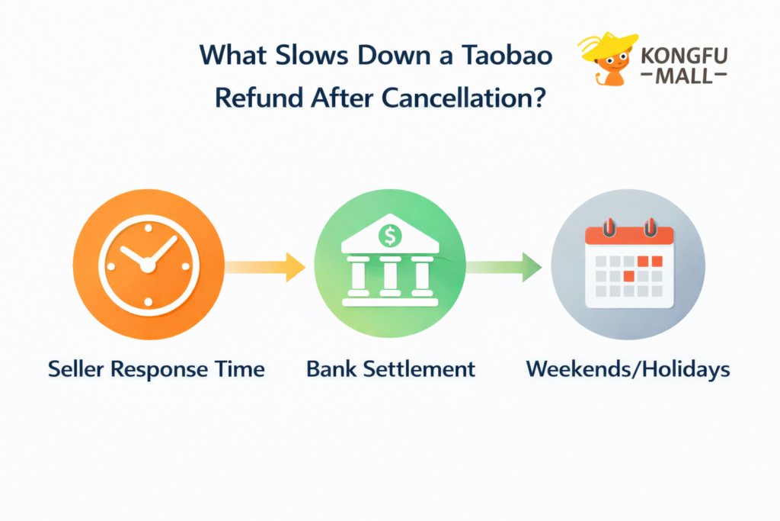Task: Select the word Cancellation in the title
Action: [472, 98]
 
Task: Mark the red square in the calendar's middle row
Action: [628, 275]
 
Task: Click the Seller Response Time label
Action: [156, 370]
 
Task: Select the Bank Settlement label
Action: [390, 370]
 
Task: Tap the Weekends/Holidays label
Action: [628, 370]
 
